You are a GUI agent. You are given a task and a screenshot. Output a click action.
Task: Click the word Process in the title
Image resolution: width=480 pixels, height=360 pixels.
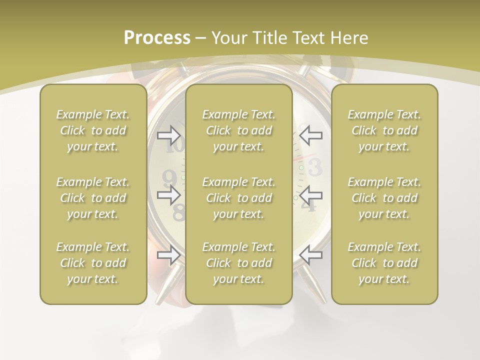click(157, 38)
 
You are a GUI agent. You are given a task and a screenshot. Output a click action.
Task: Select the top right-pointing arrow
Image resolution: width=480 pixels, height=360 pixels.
click(169, 134)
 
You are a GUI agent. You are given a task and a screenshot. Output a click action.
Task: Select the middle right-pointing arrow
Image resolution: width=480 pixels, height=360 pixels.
click(169, 194)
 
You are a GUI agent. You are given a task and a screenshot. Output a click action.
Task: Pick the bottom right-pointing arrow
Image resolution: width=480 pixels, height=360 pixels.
click(169, 255)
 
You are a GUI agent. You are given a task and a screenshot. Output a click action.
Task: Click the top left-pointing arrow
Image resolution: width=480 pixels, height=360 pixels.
click(311, 134)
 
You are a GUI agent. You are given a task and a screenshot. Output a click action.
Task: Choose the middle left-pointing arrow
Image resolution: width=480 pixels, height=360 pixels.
click(311, 194)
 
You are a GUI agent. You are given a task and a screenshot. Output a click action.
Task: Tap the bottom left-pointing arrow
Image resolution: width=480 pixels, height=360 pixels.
click(311, 255)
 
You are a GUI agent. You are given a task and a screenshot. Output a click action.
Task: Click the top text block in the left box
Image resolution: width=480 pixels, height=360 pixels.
click(93, 130)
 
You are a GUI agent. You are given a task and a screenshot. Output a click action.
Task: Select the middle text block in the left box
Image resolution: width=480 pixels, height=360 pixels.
click(93, 198)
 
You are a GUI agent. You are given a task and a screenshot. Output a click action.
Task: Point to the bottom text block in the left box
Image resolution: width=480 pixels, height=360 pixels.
click(93, 263)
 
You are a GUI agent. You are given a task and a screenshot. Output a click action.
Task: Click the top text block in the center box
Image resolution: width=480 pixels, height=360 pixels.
click(238, 130)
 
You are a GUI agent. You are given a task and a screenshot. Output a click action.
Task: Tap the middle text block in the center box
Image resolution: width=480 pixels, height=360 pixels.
click(238, 198)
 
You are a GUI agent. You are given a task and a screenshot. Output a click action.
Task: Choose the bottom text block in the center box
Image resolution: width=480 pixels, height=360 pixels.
click(238, 263)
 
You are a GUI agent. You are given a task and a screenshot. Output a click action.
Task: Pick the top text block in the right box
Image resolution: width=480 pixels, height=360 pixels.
click(384, 130)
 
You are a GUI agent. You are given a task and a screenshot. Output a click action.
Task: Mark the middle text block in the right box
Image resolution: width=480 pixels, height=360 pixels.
click(384, 198)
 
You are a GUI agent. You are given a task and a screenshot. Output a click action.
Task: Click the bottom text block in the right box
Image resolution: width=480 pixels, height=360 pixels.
click(384, 263)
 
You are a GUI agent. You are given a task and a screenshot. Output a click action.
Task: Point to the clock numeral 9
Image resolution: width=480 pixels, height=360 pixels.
click(170, 177)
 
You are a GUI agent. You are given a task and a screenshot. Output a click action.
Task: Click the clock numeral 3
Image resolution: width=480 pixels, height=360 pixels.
click(315, 168)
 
